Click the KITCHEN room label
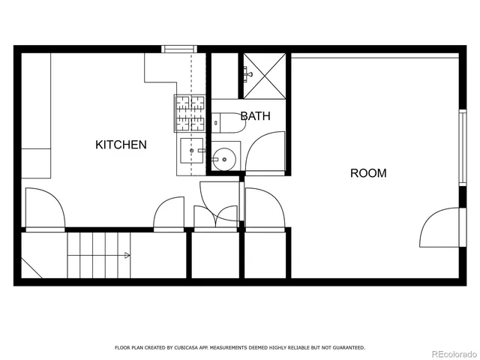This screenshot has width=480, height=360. point(121,145)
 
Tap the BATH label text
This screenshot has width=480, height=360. point(255,116)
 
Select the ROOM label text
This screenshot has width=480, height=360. point(368,173)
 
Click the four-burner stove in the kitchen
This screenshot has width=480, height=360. point(190,112)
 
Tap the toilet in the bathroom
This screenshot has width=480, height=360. point(226,122)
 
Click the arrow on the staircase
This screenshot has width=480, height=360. point(127,256)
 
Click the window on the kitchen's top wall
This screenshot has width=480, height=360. point(180,49)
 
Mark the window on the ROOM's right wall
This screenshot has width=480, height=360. point(463,146)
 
